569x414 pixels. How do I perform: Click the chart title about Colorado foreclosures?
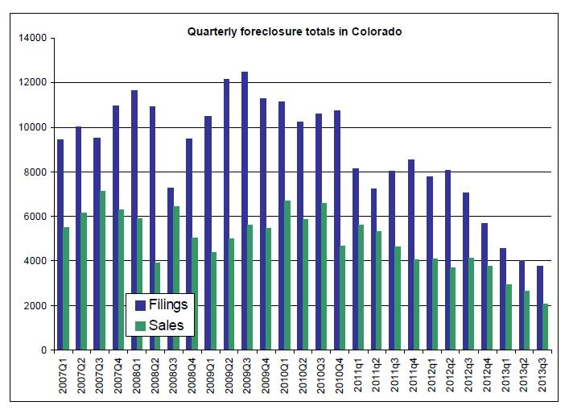pyautogui.click(x=295, y=32)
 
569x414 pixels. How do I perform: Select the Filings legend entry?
pyautogui.click(x=165, y=305)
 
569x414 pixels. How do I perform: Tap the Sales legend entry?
pyautogui.click(x=164, y=325)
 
